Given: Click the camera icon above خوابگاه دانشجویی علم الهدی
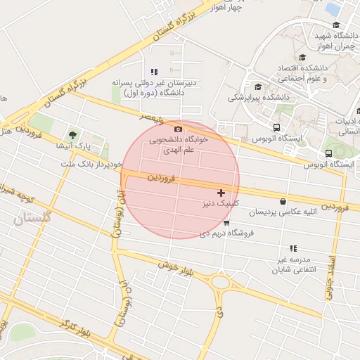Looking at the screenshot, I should coord(178,129).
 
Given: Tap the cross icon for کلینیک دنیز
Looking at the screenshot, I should coord(221,192).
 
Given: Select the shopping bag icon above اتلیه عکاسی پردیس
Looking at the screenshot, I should coord(283,201).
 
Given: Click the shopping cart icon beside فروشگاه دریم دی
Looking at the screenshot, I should coord(226,223).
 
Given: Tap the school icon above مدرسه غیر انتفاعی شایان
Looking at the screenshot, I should coord(293,249).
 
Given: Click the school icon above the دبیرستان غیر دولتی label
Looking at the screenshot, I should coord(154,72).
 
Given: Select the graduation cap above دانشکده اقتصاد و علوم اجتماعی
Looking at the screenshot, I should coord(302,58).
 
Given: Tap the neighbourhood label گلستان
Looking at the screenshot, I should coord(32,219).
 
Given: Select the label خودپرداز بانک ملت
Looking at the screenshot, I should coord(93,164).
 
